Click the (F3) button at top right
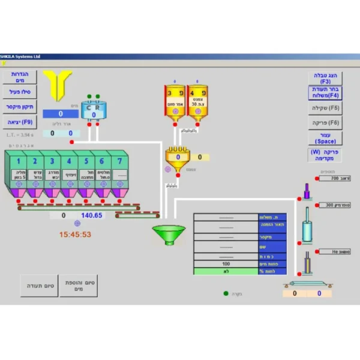(x=325, y=78)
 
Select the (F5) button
(x=325, y=109)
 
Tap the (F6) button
(x=325, y=123)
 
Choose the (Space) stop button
(x=325, y=138)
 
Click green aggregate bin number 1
(x=19, y=170)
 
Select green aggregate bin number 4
(x=69, y=170)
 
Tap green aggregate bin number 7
(x=120, y=170)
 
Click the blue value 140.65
(x=91, y=215)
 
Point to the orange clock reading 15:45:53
(x=75, y=234)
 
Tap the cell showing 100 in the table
(x=226, y=263)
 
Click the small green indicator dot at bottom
(x=226, y=293)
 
